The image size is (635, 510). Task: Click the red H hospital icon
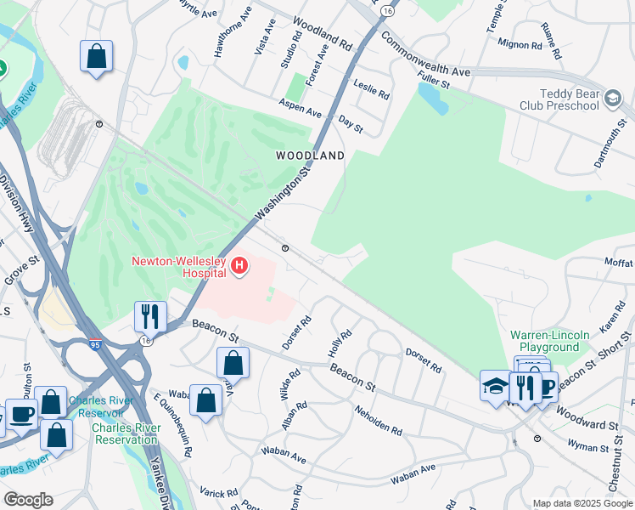(240, 267)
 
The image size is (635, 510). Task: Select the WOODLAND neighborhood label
(311, 156)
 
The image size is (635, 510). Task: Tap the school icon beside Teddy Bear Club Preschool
(612, 99)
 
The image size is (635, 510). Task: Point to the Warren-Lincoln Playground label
(549, 341)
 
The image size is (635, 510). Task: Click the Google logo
(28, 500)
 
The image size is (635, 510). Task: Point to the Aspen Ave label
(301, 107)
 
